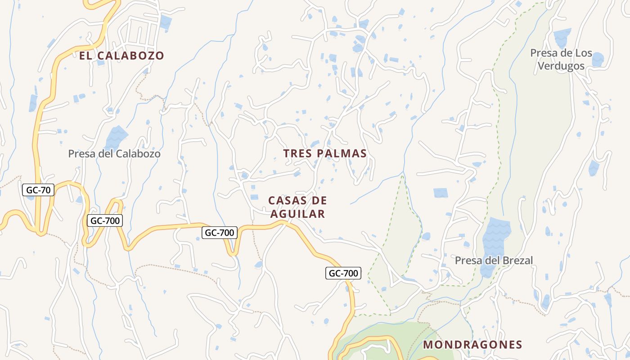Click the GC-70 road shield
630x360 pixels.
point(38,190)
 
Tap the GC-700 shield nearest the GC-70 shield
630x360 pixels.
point(104,220)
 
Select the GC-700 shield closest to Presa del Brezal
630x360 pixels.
point(343,273)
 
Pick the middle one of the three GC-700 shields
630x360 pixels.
point(219,233)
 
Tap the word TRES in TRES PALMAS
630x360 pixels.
point(298,153)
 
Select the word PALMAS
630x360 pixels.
point(342,153)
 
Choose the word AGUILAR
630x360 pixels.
point(297,214)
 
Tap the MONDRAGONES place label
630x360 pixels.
point(473,345)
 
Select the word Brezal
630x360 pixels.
point(517,260)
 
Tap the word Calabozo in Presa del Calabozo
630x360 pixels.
point(138,154)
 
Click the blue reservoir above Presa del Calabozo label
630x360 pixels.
point(116,136)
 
